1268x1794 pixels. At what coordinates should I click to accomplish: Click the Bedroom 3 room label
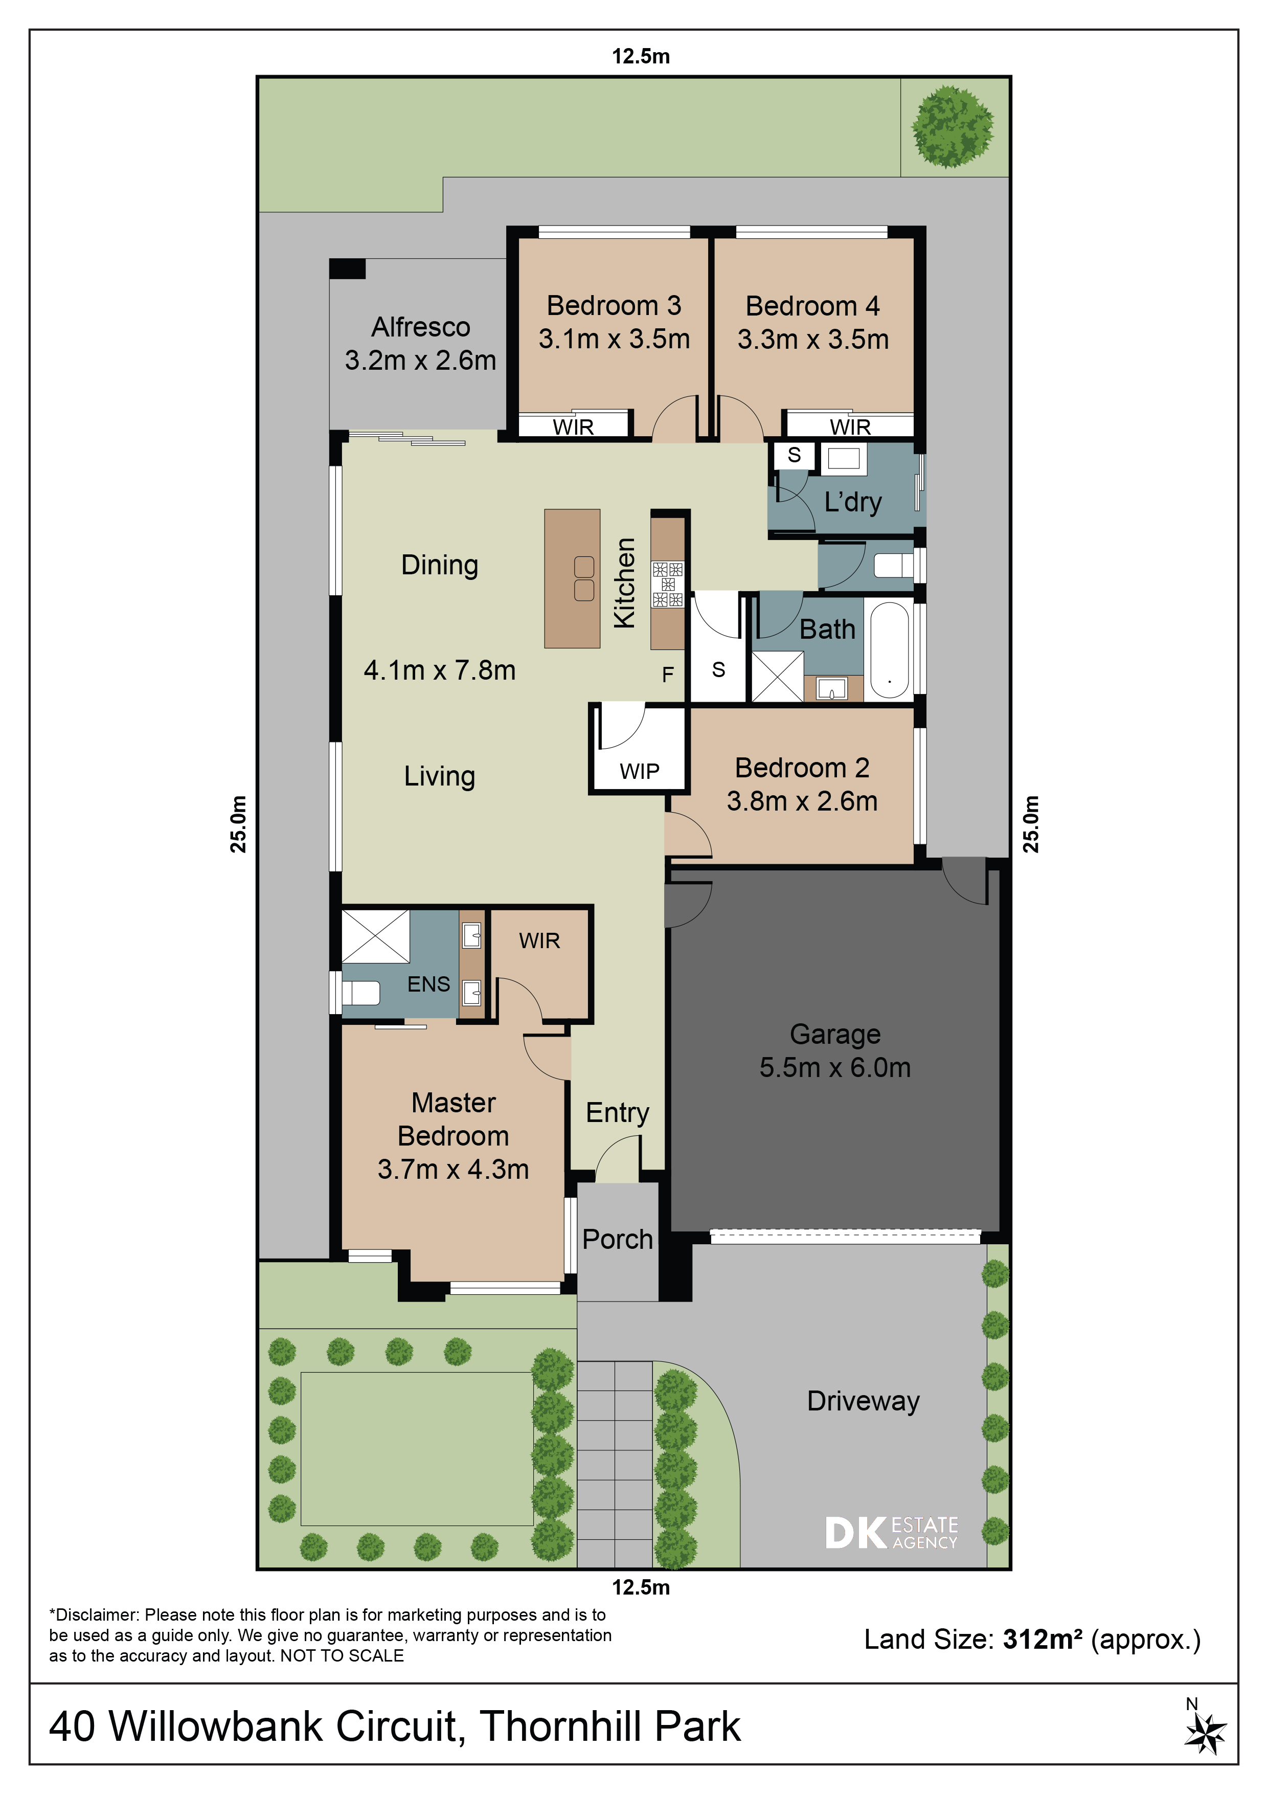[x=614, y=305]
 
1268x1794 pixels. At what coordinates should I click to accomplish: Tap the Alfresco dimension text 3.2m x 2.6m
[x=420, y=360]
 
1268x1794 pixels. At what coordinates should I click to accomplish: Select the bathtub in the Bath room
[x=889, y=650]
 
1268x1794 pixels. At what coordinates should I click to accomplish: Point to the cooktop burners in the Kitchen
[x=668, y=585]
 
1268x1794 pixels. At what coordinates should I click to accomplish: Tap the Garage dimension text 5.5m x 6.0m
[x=835, y=1067]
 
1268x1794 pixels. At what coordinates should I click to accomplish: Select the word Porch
[x=617, y=1239]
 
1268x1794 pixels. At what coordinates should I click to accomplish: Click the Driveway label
[x=863, y=1401]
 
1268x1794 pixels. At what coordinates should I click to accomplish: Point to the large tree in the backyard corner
[x=953, y=127]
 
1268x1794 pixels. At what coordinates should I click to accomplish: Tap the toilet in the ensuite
[x=361, y=992]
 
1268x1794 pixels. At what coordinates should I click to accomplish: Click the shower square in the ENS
[x=376, y=936]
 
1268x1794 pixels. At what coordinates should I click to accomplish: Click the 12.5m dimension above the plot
[x=641, y=56]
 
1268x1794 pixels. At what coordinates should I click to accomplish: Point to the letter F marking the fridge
[x=667, y=675]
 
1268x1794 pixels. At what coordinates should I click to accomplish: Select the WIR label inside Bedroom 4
[x=850, y=428]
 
